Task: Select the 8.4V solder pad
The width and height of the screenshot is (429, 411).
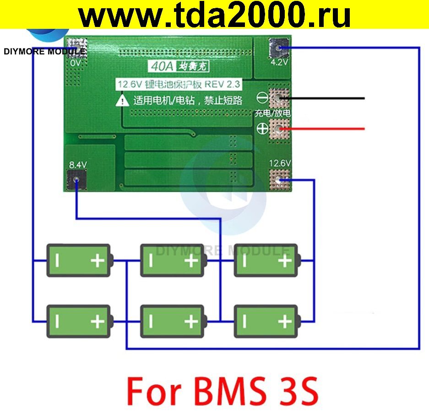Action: click(76, 179)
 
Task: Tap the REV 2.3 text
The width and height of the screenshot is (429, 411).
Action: click(223, 85)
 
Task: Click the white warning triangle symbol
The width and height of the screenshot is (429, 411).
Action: click(122, 101)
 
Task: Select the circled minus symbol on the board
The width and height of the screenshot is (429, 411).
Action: click(262, 97)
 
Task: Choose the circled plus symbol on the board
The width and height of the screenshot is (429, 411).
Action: click(262, 129)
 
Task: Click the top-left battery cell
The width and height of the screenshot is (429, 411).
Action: click(79, 260)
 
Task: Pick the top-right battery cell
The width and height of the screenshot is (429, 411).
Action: click(266, 260)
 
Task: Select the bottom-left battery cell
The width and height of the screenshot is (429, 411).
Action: click(79, 321)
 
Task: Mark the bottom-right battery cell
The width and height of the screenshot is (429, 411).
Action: click(266, 321)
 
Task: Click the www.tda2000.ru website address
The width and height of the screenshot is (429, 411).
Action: click(214, 16)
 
